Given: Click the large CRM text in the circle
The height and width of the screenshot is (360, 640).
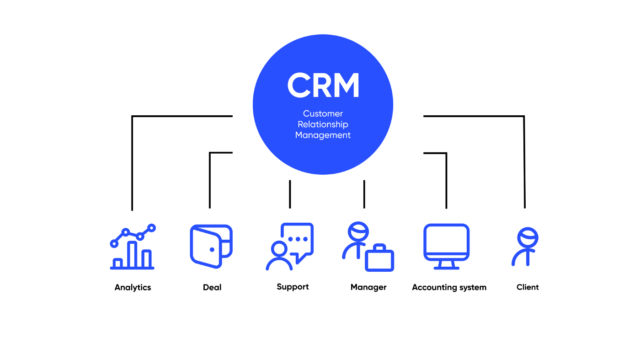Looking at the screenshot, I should pyautogui.click(x=323, y=85).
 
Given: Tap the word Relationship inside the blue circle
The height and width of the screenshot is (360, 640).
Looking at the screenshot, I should pyautogui.click(x=323, y=124).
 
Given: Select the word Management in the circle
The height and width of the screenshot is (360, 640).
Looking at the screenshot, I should pyautogui.click(x=323, y=135).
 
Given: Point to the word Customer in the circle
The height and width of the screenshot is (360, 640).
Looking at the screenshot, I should pyautogui.click(x=323, y=113).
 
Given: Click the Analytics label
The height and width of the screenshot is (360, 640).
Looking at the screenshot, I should pyautogui.click(x=133, y=288).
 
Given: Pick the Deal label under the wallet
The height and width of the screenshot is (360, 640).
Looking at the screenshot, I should pyautogui.click(x=212, y=287).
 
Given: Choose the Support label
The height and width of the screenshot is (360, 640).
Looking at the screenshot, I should pyautogui.click(x=293, y=287).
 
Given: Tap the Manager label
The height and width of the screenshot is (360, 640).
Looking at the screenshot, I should pyautogui.click(x=368, y=287).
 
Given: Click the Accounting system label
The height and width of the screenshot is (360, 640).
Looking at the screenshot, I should pyautogui.click(x=449, y=287).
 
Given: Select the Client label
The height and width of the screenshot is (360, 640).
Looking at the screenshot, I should pyautogui.click(x=528, y=287).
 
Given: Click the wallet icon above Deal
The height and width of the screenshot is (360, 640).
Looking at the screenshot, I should pyautogui.click(x=211, y=246).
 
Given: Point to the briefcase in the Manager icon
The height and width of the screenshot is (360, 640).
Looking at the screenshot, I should pyautogui.click(x=379, y=259).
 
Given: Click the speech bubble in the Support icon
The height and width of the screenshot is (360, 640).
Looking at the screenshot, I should pyautogui.click(x=298, y=239).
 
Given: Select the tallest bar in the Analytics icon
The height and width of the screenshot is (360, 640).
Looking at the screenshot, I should pyautogui.click(x=132, y=254).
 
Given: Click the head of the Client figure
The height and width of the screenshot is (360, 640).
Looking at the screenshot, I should pyautogui.click(x=528, y=238).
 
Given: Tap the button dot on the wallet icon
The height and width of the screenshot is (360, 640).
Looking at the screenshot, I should pyautogui.click(x=212, y=250).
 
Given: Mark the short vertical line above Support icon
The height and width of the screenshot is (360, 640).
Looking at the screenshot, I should pyautogui.click(x=290, y=194).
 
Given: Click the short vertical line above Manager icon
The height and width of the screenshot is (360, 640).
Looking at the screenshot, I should pyautogui.click(x=364, y=194).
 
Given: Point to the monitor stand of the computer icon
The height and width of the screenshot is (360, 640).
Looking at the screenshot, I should pyautogui.click(x=446, y=265).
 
